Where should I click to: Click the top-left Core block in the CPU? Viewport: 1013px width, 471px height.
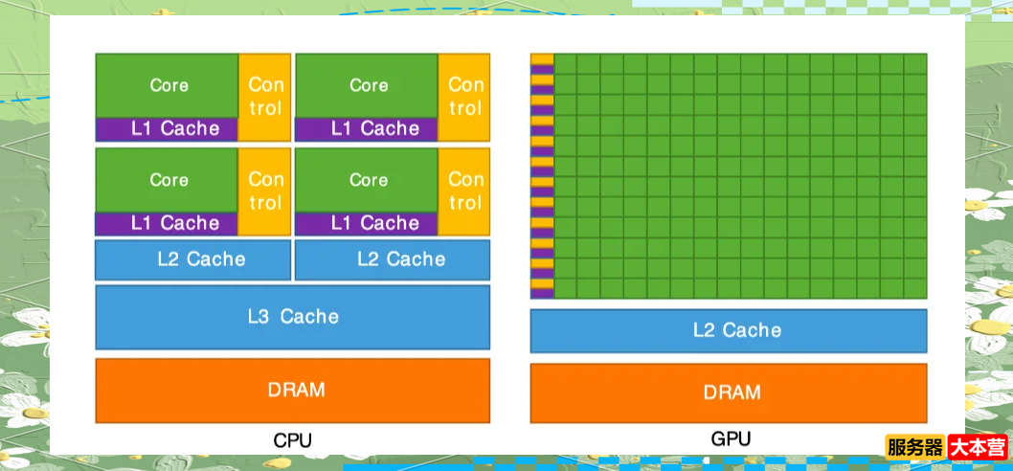point(168,85)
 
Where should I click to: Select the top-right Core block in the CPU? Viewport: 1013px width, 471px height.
point(368,85)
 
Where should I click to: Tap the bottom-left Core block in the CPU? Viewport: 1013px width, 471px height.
point(168,179)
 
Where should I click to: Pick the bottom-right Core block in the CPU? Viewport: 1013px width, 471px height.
point(368,179)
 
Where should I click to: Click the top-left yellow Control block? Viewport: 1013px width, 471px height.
point(264,96)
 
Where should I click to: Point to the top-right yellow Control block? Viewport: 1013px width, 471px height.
point(464,96)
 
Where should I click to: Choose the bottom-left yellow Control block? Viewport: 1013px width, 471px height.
point(264,191)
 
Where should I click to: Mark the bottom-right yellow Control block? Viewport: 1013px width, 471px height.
point(464,191)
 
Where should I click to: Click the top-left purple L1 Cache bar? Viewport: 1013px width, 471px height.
point(168,128)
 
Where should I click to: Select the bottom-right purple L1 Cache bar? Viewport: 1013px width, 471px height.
point(368,223)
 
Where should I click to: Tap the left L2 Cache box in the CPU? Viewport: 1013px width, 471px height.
point(193,259)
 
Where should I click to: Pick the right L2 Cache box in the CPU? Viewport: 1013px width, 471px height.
point(393,259)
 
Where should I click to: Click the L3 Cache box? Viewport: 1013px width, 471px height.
point(293,317)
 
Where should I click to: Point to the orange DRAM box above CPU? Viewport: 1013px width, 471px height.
point(293,391)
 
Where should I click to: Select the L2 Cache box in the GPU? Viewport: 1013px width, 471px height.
point(729,330)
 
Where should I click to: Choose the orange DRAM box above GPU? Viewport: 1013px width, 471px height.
point(729,392)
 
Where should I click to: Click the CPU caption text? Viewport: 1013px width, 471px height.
point(292,441)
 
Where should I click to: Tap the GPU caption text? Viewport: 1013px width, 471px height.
point(731,439)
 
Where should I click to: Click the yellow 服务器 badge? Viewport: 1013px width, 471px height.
point(914,447)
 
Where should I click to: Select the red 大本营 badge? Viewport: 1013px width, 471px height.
point(977,447)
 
